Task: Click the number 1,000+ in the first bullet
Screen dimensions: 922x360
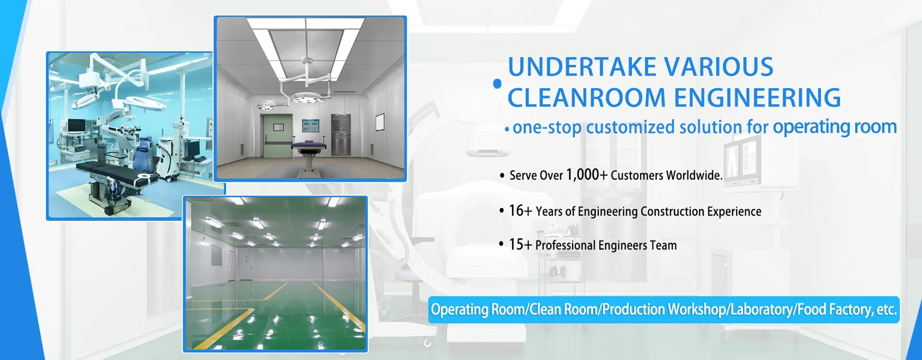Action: pos(587,174)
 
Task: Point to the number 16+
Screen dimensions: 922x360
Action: pos(521,210)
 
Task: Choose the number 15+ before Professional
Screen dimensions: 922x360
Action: pos(521,244)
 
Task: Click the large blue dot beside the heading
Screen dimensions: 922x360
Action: pos(497,84)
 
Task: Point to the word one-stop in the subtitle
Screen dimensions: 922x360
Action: pos(547,128)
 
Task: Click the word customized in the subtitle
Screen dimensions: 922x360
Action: pos(631,128)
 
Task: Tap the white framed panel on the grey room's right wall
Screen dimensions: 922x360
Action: pos(380,122)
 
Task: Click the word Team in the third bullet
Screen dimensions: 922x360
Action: pos(664,245)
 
